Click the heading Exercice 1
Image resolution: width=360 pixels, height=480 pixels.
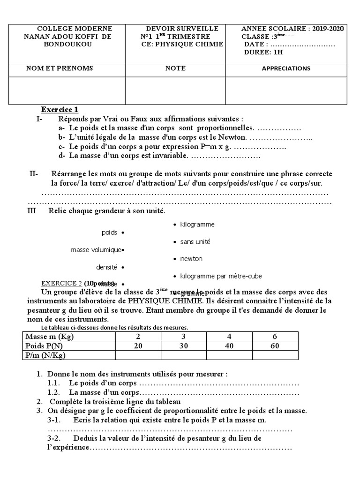click(x=60, y=110)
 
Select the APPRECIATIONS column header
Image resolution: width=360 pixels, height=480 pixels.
click(x=286, y=68)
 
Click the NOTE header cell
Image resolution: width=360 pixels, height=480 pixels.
click(x=175, y=68)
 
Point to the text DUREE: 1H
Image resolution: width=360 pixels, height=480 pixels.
click(x=263, y=52)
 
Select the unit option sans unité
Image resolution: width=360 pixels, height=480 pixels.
click(x=195, y=242)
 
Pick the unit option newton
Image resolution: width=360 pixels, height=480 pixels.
click(x=191, y=259)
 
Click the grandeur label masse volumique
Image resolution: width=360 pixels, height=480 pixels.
click(x=96, y=250)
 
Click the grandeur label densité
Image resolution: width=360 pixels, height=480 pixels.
click(x=106, y=267)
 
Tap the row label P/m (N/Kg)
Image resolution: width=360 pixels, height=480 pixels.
click(x=45, y=355)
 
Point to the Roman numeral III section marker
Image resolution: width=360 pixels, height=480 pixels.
click(x=32, y=211)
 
